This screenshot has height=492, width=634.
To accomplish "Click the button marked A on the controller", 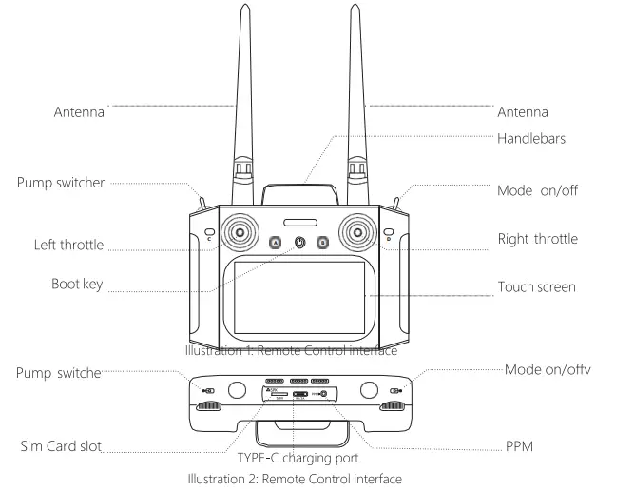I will [277, 243].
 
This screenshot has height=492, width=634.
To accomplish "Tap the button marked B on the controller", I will [322, 243].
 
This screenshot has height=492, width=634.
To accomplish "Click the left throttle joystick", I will [240, 232].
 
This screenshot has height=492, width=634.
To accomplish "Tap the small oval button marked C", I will [209, 232].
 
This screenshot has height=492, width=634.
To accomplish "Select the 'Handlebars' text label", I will [531, 137].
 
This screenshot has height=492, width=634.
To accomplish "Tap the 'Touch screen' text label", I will [537, 286].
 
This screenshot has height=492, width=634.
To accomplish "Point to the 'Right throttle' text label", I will [537, 239].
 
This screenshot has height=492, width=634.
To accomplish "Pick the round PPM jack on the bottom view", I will [324, 394].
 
